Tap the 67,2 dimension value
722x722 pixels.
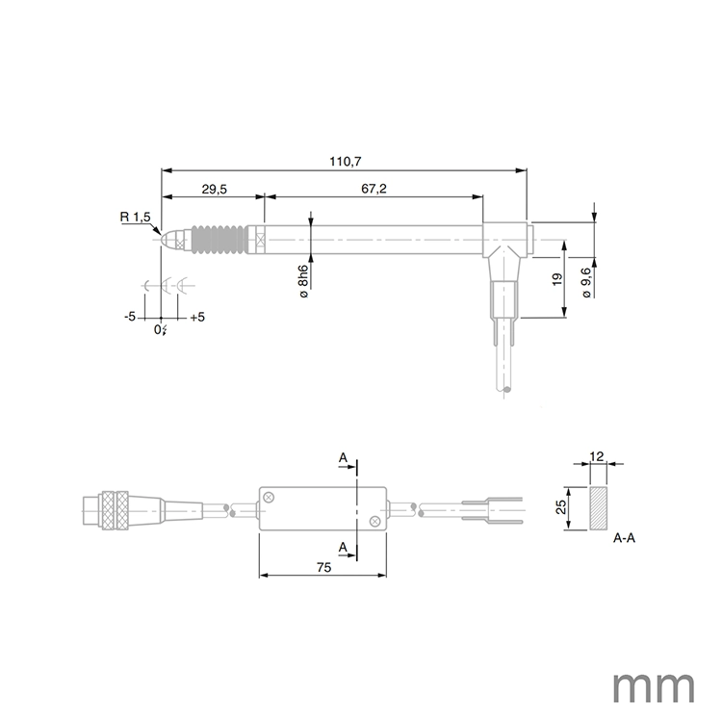tap(374, 190)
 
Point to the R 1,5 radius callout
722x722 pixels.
tap(135, 218)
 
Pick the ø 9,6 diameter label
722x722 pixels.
tap(587, 278)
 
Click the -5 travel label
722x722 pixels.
tap(130, 317)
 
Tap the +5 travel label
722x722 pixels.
tap(196, 317)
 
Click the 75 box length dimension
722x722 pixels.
tap(323, 568)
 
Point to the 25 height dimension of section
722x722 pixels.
tap(560, 507)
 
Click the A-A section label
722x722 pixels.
tap(624, 539)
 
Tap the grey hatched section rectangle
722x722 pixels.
tap(598, 507)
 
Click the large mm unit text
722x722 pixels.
tap(654, 685)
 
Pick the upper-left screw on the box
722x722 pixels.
tap(271, 497)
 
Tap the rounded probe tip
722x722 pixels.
tap(168, 238)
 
